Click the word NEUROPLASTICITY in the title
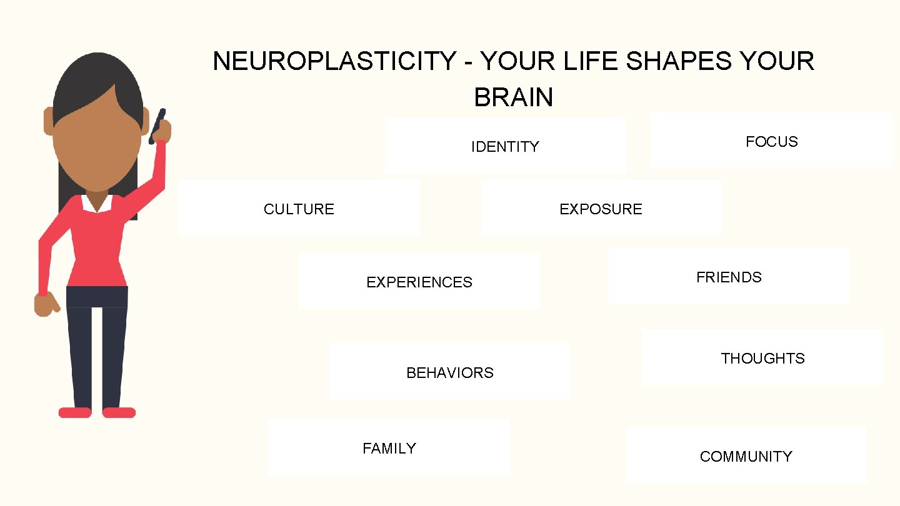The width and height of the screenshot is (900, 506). pos(334,61)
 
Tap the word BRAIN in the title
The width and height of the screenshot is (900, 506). pos(513,97)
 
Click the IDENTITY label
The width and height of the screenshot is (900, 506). pos(505,147)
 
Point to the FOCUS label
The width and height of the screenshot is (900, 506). pos(771,142)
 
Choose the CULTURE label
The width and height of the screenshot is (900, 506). pos(299,209)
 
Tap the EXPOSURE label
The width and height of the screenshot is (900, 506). pos(601,209)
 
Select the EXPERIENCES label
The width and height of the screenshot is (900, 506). pos(419,282)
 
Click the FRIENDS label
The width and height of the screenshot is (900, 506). pos(729,277)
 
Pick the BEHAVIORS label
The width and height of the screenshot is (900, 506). pos(449,373)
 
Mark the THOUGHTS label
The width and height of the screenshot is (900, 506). pos(762,359)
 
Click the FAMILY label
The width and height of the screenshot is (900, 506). pos(389,449)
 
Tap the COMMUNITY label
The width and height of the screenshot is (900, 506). pos(746,457)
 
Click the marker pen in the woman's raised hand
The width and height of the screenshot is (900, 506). pos(157,125)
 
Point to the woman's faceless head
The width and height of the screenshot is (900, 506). pos(96,144)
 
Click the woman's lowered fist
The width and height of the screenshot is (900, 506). pos(46,304)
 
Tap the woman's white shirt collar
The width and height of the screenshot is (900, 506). pos(97,203)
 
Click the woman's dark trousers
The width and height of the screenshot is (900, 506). pos(97,350)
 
